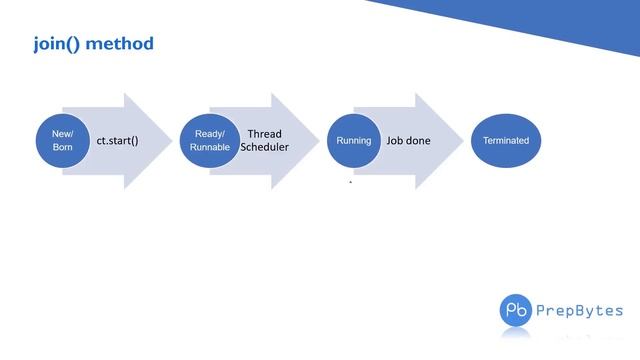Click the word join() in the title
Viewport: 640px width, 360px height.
pos(60,44)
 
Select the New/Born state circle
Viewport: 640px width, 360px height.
pos(63,141)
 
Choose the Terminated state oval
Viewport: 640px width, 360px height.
pos(505,141)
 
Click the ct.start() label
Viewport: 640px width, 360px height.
pos(117,141)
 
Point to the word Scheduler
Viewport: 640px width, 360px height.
pos(265,147)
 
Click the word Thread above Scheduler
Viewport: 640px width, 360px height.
pos(265,133)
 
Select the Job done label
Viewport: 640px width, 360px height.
pos(409,141)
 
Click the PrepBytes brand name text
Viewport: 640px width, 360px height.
pos(582,310)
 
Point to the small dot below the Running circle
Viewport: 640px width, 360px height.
pos(350,182)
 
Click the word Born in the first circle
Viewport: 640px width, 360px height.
pos(63,148)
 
